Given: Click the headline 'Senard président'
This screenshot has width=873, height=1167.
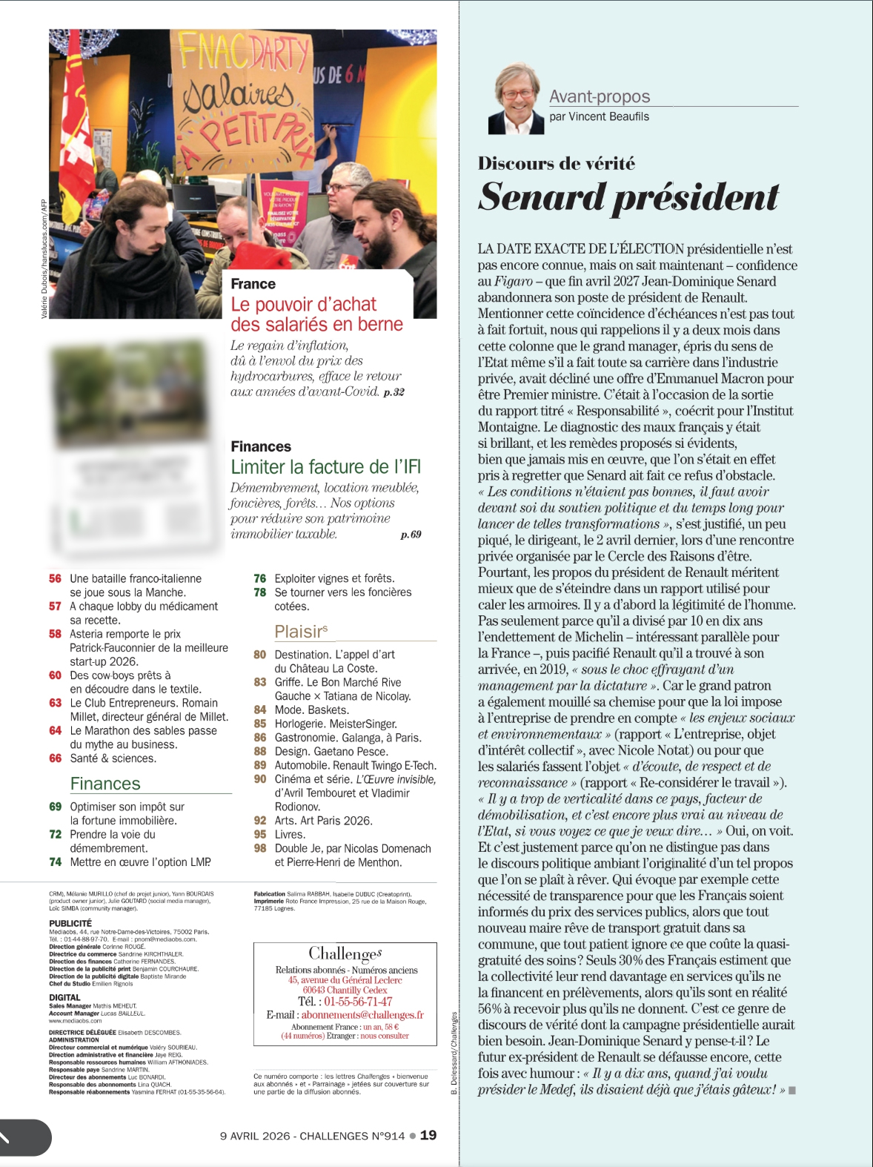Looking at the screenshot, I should [x=628, y=197].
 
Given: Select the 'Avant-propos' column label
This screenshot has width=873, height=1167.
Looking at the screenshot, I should [x=600, y=96].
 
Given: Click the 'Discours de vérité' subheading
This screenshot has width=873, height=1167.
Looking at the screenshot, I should [x=556, y=164].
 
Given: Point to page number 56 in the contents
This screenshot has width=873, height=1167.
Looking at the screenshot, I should [x=56, y=578].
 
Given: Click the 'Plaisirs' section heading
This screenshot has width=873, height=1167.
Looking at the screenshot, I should [x=301, y=632].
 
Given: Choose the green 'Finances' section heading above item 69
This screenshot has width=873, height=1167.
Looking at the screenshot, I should [x=105, y=784].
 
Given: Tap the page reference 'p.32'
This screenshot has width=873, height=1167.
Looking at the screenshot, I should [x=394, y=392].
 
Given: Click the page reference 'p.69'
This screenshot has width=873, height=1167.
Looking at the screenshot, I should [x=411, y=535].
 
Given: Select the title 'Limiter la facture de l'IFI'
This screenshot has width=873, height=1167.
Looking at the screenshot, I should [x=325, y=467].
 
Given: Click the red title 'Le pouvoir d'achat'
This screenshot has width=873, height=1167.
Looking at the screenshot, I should [x=303, y=305].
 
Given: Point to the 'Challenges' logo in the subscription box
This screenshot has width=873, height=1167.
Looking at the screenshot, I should [x=345, y=953].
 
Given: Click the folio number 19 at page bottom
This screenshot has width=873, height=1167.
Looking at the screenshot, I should [x=428, y=1135].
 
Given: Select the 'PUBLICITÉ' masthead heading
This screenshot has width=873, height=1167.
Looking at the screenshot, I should [x=70, y=923].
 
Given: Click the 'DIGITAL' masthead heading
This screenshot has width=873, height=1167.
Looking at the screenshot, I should [x=64, y=997].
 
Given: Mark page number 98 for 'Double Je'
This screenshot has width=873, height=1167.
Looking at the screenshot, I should [x=260, y=848].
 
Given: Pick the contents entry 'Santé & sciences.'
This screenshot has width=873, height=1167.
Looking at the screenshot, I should [x=113, y=758].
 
